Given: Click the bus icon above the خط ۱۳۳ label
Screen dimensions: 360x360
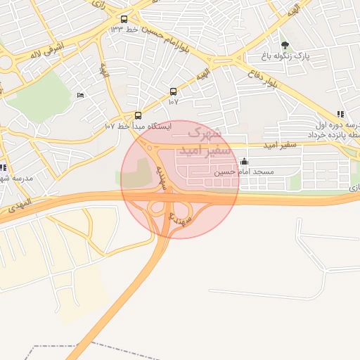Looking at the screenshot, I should pyautogui.click(x=124, y=20).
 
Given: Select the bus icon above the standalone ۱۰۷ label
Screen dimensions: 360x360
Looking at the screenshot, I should pyautogui.click(x=174, y=91).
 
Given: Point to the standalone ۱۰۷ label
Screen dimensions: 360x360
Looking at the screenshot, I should pyautogui.click(x=174, y=102).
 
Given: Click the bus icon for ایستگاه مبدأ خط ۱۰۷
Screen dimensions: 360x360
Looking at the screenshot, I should pyautogui.click(x=137, y=115).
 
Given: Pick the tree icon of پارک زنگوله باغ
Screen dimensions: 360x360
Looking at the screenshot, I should pyautogui.click(x=285, y=45).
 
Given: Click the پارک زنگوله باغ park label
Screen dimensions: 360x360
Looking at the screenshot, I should pyautogui.click(x=290, y=56).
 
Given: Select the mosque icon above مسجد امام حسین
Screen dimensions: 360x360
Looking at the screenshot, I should pyautogui.click(x=244, y=162).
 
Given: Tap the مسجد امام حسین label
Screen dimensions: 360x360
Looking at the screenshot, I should pyautogui.click(x=245, y=172).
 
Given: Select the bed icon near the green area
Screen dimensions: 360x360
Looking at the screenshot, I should pyautogui.click(x=80, y=96).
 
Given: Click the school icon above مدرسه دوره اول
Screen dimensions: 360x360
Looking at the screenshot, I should pyautogui.click(x=340, y=114).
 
